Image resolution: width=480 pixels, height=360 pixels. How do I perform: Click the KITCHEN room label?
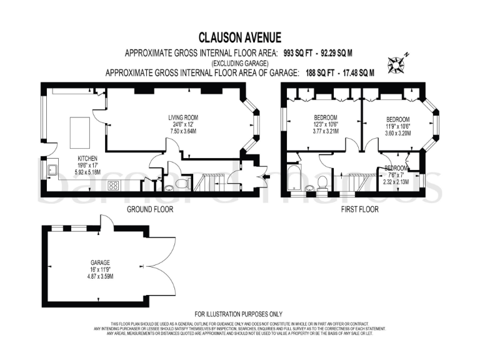point(87,158)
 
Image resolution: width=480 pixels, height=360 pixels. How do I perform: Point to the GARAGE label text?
point(100,262)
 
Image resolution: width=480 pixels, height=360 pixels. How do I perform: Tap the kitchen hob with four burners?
point(114,185)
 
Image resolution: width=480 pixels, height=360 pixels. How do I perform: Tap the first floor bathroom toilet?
point(322,182)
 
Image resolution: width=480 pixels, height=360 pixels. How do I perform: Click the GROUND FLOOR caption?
point(149,209)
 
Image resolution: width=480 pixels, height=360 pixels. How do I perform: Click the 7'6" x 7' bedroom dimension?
point(397,175)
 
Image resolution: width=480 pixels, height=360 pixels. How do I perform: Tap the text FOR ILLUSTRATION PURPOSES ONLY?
point(239,314)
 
